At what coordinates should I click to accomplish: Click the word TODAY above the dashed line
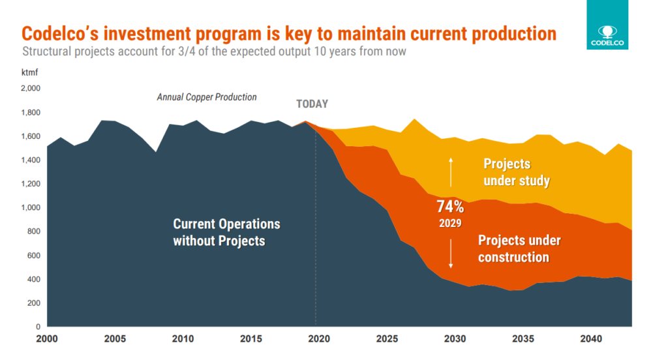(312, 104)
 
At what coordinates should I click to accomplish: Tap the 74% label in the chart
(450, 207)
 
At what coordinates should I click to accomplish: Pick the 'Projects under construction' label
(519, 248)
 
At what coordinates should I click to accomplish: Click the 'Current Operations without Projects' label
(226, 232)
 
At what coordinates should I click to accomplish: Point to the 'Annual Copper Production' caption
(207, 97)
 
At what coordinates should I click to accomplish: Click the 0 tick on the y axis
(38, 327)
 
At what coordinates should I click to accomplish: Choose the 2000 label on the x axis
(48, 339)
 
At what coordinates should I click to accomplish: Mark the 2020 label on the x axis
(316, 339)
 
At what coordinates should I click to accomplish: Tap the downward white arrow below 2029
(450, 254)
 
